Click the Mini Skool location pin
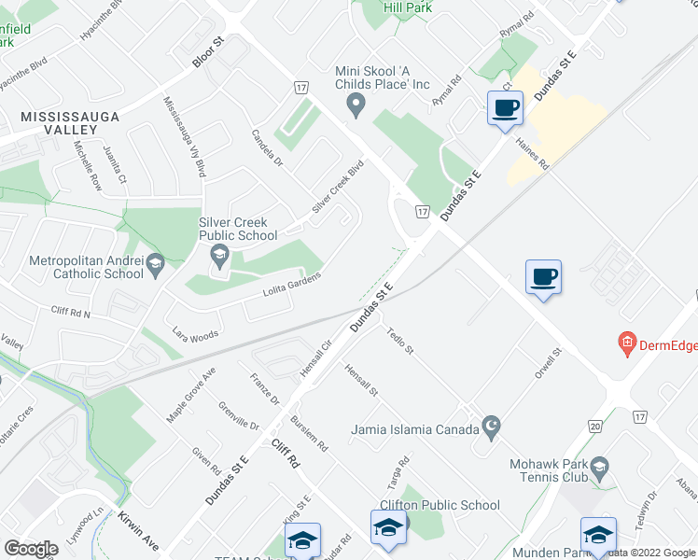click(355, 108)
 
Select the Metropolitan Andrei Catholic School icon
click(155, 268)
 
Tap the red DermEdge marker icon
click(627, 345)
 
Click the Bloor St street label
click(209, 52)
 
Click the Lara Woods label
click(195, 332)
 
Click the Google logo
click(31, 549)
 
